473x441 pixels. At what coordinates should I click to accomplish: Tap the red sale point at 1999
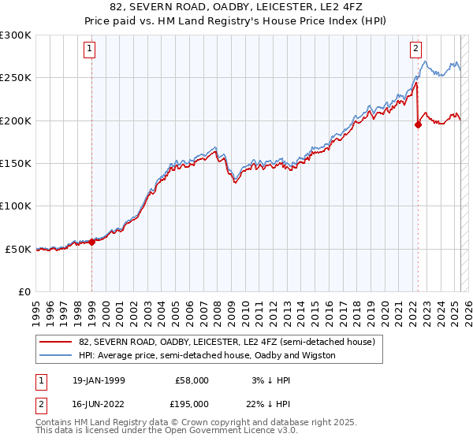[92, 242]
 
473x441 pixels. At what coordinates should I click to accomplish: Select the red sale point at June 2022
[418, 124]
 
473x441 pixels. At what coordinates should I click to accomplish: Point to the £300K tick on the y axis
[16, 35]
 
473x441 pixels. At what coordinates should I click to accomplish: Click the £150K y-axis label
[16, 163]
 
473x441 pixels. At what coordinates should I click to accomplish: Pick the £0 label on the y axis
[24, 291]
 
